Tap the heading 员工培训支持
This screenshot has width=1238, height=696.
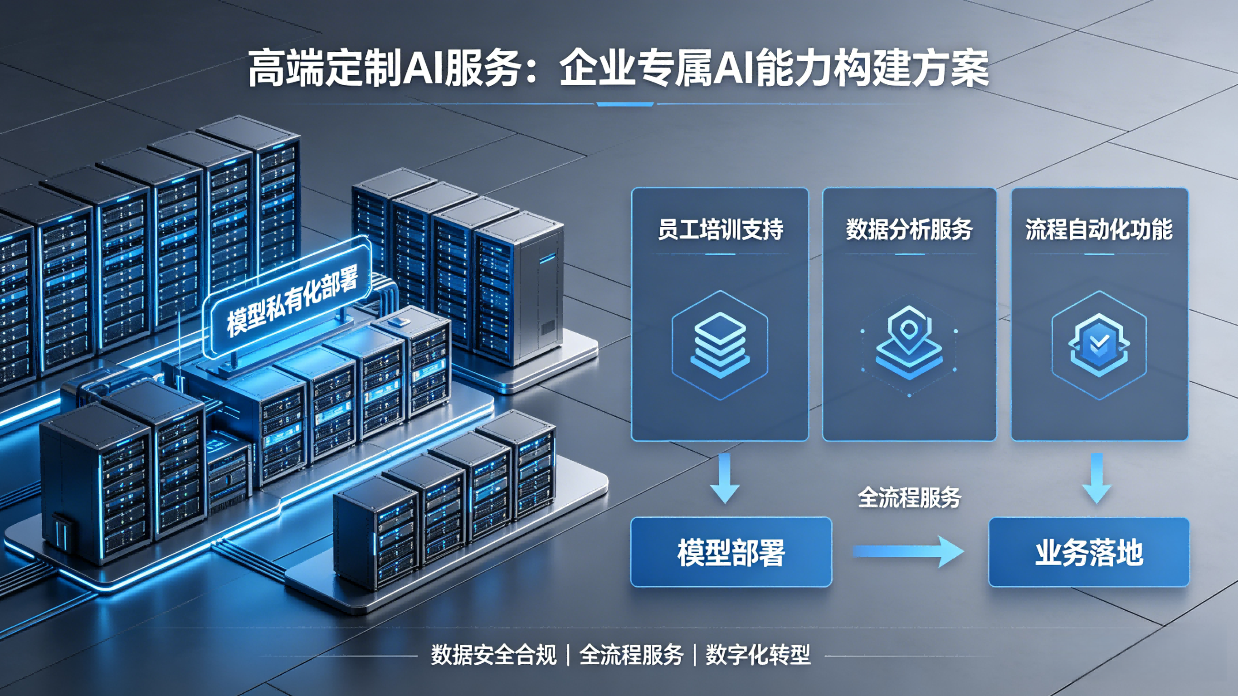tap(720, 229)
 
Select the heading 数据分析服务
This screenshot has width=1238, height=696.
tap(909, 229)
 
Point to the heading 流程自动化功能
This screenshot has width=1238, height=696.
tap(1099, 229)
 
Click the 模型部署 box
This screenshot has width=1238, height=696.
tap(731, 552)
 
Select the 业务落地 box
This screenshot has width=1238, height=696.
tap(1088, 552)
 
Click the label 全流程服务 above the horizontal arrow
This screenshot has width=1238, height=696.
tap(909, 497)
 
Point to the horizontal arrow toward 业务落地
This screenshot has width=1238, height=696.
tap(908, 551)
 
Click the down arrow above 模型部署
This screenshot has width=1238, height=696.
tap(725, 478)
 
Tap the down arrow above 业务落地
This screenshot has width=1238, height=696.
tap(1097, 478)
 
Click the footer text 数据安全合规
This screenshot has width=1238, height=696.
tap(493, 655)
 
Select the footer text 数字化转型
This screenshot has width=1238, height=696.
tap(758, 655)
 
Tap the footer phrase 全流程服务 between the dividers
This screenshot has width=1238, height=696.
tap(631, 655)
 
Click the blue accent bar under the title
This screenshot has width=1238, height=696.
tap(625, 104)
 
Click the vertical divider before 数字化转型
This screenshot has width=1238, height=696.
tap(695, 655)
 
